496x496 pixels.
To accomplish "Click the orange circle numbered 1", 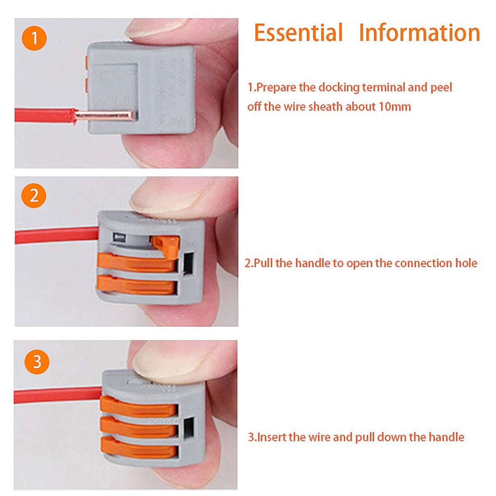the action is click(34, 38).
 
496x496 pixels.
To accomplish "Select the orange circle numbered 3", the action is click(37, 362).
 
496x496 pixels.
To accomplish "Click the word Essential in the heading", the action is click(298, 32).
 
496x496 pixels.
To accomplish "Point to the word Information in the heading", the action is click(420, 32).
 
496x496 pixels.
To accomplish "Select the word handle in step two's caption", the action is click(312, 263).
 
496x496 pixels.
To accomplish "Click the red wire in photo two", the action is click(57, 235).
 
